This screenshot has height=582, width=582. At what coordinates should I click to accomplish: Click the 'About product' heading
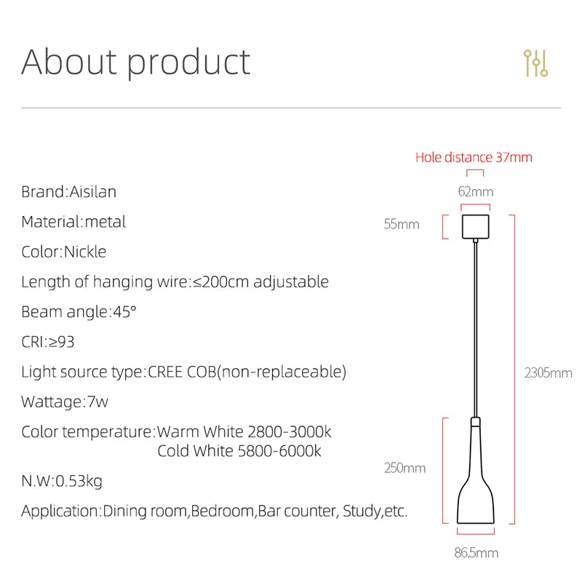[x=135, y=62]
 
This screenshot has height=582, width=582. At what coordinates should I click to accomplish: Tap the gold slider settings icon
[x=535, y=64]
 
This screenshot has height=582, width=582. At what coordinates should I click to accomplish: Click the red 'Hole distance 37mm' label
[x=474, y=157]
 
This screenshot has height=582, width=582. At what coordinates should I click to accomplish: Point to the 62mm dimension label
[x=475, y=192]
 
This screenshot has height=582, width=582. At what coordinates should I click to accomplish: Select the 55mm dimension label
[x=402, y=224]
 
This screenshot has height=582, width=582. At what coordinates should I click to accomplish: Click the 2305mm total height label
[x=548, y=373]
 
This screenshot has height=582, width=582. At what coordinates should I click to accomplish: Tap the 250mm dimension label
[x=404, y=468]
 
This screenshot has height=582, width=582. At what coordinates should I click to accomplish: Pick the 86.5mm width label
[x=477, y=553]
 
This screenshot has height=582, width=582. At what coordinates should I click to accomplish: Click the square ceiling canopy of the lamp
[x=476, y=226]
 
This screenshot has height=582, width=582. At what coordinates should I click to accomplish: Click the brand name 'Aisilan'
[x=92, y=192]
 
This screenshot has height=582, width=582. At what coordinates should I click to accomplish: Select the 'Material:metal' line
[x=73, y=222]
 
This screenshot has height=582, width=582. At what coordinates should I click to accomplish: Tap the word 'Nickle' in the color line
[x=85, y=252]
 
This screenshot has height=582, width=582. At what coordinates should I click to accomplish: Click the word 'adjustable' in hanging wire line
[x=291, y=282]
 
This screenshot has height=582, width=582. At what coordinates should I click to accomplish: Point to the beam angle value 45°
[x=124, y=312]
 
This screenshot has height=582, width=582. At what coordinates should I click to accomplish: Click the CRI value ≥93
[x=61, y=342]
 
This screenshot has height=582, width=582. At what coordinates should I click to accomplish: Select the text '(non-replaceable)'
[x=283, y=372]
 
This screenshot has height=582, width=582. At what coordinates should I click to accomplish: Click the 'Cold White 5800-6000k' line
[x=239, y=451]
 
